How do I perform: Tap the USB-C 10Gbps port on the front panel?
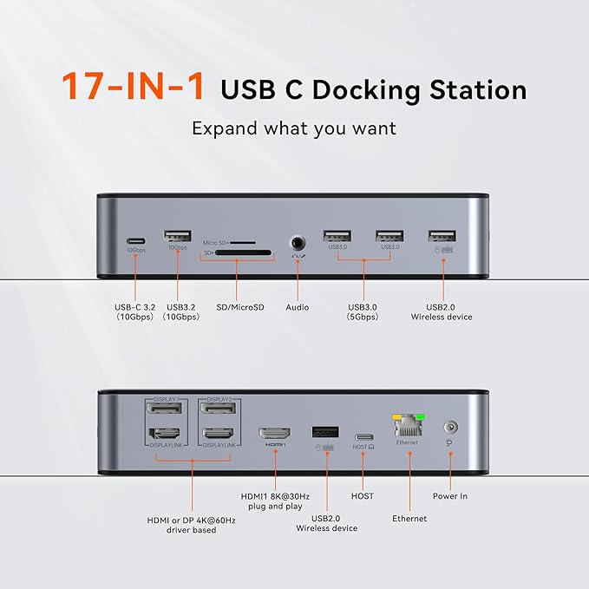point(135,239)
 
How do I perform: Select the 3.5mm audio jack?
point(298,244)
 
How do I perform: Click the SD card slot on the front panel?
point(238,255)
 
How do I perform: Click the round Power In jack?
point(450,427)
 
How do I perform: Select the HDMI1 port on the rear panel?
point(275,433)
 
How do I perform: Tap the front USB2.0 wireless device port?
point(442,235)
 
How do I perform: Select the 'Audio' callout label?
point(298,306)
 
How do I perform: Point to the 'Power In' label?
point(450,496)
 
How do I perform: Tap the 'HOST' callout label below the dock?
point(363,495)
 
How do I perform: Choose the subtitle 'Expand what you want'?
point(293,128)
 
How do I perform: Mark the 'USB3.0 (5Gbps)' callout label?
point(363,311)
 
